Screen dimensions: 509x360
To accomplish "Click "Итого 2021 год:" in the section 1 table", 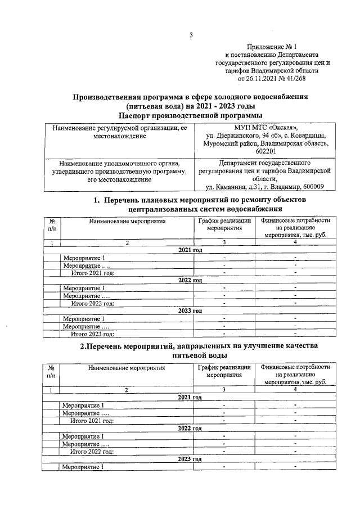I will point(92,273).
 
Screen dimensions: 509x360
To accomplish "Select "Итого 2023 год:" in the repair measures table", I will point(92,334).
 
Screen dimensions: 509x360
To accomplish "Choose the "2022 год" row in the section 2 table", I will point(190,429).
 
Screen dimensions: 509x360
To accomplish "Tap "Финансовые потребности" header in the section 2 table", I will point(295,367).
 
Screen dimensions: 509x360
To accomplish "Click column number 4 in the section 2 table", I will point(295,390).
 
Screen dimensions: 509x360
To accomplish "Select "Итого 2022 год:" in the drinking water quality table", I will point(92,451).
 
